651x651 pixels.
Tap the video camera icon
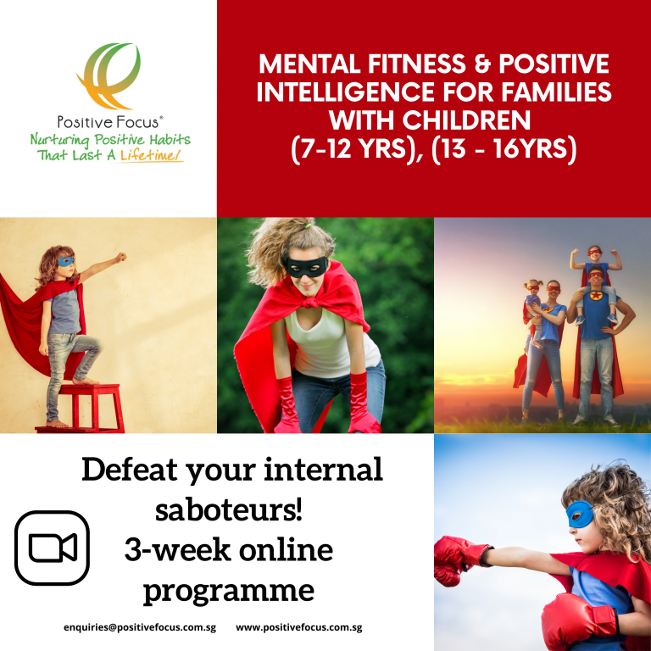click(x=53, y=548)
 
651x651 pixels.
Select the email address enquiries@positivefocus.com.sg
click(x=140, y=627)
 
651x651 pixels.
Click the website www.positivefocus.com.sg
click(x=299, y=627)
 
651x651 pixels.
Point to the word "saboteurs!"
click(x=229, y=509)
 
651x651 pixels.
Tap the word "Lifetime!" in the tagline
click(x=152, y=155)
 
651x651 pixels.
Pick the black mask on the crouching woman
click(x=307, y=266)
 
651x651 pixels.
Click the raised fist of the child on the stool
click(x=121, y=258)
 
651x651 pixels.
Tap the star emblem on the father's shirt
click(x=596, y=296)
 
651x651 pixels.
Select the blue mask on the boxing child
click(x=580, y=514)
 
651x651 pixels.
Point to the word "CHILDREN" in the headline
click(x=430, y=120)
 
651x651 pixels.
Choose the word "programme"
click(x=229, y=592)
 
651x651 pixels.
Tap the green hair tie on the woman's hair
click(x=308, y=226)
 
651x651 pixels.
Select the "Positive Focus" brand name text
click(x=108, y=122)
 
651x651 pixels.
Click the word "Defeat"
click(x=130, y=470)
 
